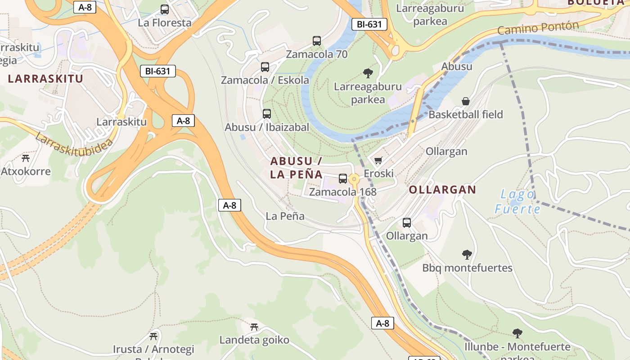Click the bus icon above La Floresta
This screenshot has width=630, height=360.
pos(165,9)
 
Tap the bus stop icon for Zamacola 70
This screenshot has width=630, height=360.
pos(317,41)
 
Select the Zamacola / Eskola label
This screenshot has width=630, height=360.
pos(265,80)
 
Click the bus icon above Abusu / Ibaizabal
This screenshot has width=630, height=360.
pos(267,114)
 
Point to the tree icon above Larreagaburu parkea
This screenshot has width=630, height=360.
pos(368,73)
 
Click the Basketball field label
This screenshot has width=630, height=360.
pos(465,114)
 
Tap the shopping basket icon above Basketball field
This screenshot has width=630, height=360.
pos(466,101)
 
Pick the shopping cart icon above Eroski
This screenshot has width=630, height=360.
pos(378,160)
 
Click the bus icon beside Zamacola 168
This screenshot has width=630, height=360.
pos(343,179)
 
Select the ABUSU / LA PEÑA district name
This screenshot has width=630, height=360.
pos(296,168)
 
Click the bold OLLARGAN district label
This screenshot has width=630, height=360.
pos(442,189)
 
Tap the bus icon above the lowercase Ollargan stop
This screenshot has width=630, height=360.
pos(407,222)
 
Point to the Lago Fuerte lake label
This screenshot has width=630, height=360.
pos(517,202)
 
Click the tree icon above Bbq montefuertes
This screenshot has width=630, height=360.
pos(467,255)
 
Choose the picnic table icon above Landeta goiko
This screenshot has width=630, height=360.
pos(254,327)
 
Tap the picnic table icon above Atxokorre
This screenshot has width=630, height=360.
pos(26,158)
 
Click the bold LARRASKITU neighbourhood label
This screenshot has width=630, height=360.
pos(45,79)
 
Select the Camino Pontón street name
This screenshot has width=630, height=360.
pos(538,28)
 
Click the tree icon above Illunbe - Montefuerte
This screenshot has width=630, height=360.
pos(517,333)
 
